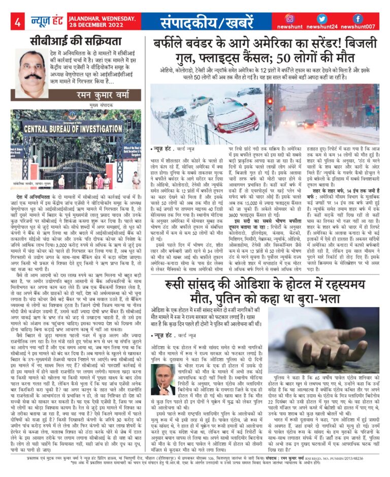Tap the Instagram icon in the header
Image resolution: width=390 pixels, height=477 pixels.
(x=289, y=18)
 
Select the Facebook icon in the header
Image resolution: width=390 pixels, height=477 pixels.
(x=357, y=18)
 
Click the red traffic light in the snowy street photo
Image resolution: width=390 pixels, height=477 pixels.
(x=270, y=100)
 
